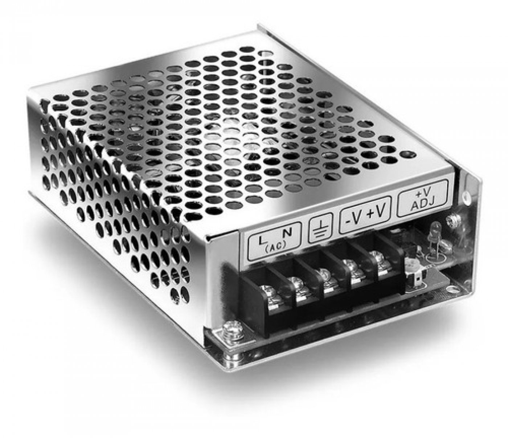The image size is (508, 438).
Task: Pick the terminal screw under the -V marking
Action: [349, 267]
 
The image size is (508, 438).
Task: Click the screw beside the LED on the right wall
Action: [452, 220]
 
